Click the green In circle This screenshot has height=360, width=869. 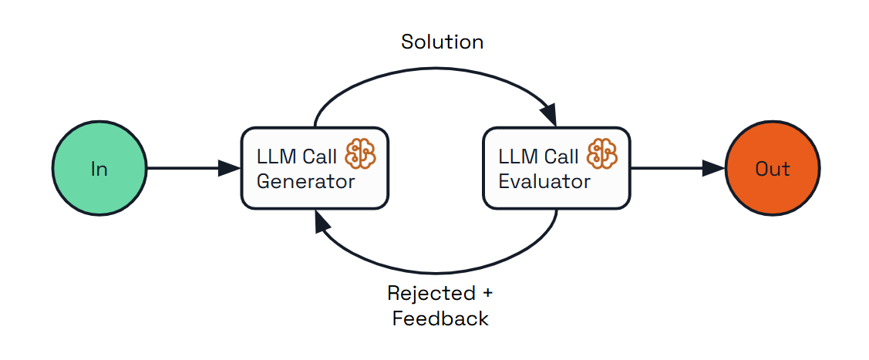99,168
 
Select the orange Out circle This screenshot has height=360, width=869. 773,168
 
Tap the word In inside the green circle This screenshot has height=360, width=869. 99,169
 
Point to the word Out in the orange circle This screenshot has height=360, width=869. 773,169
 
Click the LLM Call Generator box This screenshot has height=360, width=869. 315,168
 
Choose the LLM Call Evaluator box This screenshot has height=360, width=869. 556,168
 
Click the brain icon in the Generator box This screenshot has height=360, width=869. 360,154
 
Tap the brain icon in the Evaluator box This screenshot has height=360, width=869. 602,154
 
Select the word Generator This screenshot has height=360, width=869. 305,182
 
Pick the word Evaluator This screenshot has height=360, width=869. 544,182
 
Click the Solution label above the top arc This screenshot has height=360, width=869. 442,42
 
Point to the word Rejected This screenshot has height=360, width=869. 431,294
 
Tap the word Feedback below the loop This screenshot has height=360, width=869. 440,318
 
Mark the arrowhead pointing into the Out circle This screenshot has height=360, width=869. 715,168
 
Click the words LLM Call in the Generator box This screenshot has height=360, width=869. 297,156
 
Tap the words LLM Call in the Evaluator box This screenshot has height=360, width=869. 538,156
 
